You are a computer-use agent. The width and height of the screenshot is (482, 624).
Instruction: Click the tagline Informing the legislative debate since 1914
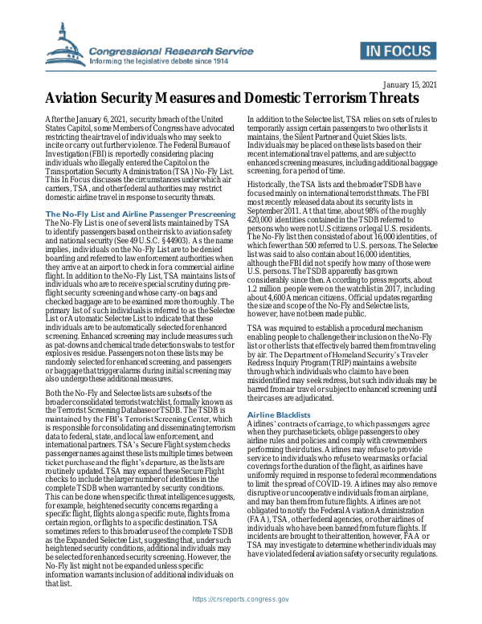pyautogui.click(x=172, y=59)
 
